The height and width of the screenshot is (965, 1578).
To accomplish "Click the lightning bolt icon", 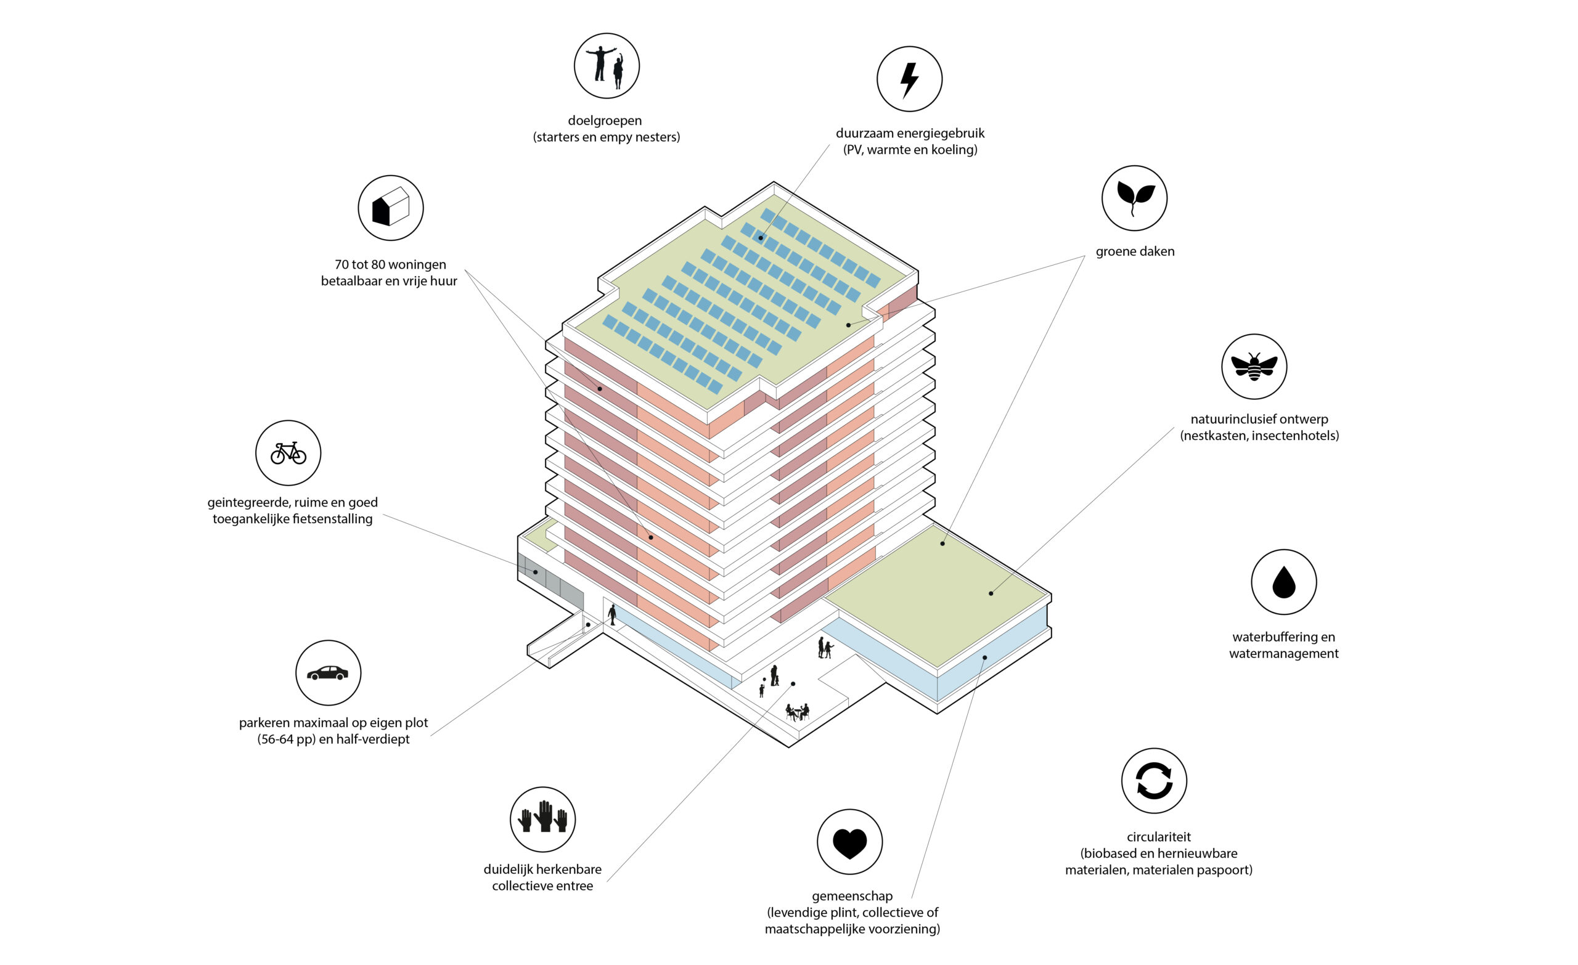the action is [909, 80].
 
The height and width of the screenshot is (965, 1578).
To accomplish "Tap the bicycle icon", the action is [288, 453].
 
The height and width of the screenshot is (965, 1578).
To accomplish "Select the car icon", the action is [328, 673].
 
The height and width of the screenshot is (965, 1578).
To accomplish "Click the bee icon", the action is [1253, 367].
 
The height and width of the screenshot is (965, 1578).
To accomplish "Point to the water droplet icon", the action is [1283, 582].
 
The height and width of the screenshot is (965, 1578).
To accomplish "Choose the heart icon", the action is [850, 844].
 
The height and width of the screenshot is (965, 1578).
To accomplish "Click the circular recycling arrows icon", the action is [1154, 781].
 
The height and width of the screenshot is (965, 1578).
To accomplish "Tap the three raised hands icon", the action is [542, 817].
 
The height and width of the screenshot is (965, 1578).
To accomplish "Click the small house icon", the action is [391, 207].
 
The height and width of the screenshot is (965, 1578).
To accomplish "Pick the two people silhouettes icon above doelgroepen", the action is [607, 67].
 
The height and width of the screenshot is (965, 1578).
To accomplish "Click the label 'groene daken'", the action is [1135, 251].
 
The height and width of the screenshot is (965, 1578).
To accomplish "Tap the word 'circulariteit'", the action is [1158, 837].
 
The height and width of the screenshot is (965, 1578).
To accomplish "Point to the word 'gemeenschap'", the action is [852, 897].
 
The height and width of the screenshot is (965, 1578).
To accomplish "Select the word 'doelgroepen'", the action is [605, 121].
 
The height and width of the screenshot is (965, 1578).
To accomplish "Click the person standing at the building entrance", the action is [612, 615].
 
